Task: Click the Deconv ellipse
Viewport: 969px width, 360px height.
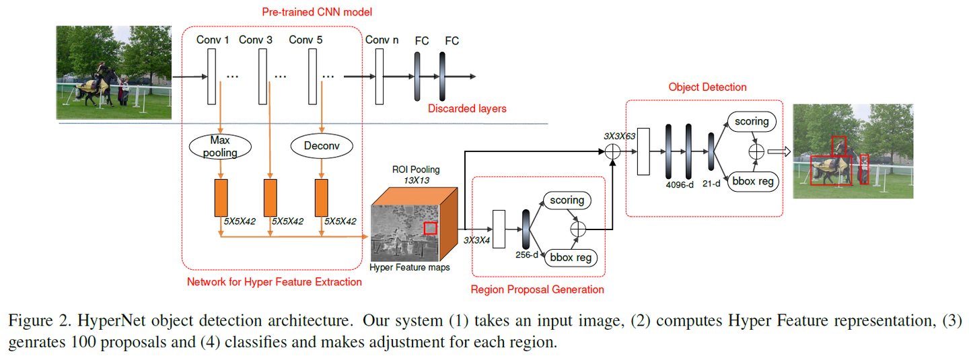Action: tap(322, 145)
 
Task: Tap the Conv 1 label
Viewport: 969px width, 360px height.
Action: tap(213, 40)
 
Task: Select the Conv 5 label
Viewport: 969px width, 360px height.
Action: tap(306, 40)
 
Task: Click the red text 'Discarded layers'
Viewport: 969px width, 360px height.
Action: tap(468, 108)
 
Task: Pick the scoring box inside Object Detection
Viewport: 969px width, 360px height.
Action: tap(751, 122)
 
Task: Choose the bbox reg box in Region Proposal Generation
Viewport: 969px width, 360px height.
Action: tap(572, 258)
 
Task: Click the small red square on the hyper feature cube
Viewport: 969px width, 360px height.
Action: tap(431, 229)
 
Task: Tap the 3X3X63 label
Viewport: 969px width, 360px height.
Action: tap(620, 136)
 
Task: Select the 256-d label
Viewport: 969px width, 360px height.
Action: tap(526, 256)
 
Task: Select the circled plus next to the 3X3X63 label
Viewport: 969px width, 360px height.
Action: tap(612, 152)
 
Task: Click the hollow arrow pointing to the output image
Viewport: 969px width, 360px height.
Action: tap(778, 152)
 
